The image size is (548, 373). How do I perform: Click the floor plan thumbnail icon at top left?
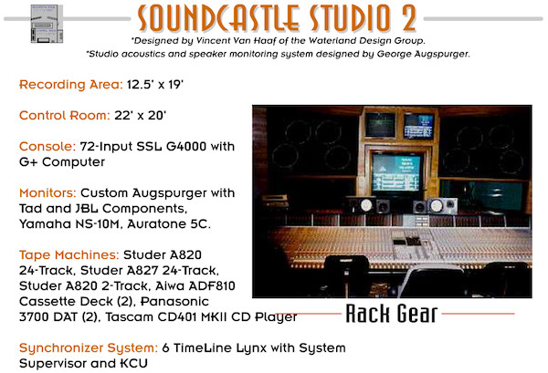click(47, 31)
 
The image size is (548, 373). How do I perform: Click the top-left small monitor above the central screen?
click(380, 124)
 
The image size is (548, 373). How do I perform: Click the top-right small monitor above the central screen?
click(419, 124)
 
